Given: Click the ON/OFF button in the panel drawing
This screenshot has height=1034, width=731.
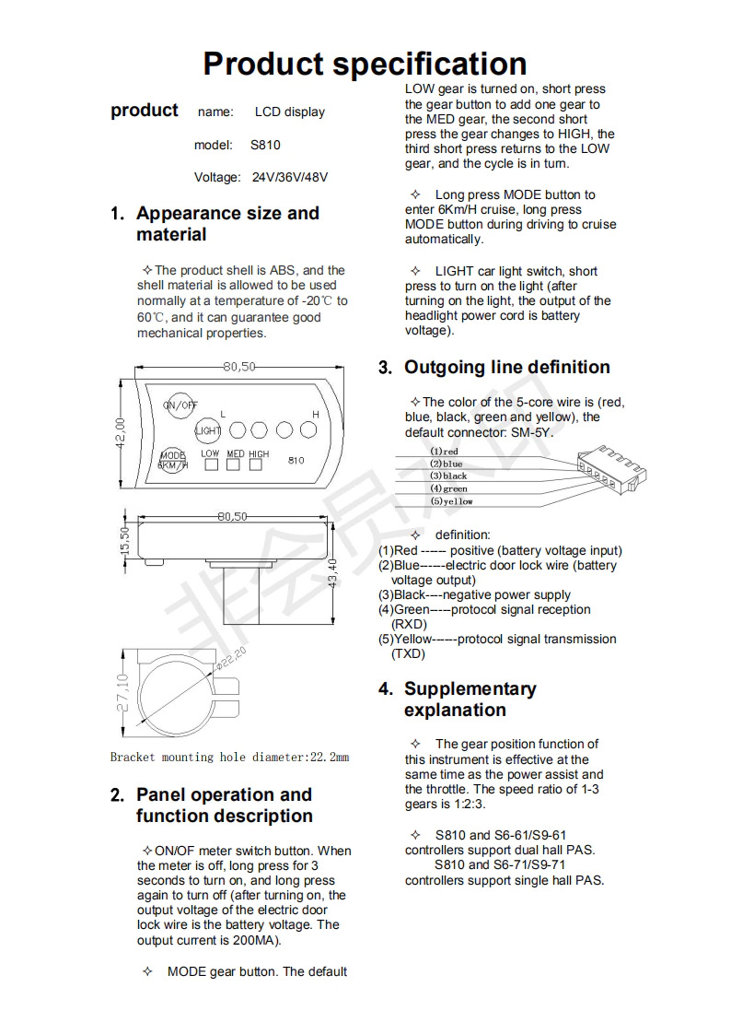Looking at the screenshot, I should coord(180,405).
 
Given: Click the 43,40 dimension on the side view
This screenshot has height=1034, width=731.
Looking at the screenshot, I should coord(332,576).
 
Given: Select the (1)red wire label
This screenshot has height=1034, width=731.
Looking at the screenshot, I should coord(444,452).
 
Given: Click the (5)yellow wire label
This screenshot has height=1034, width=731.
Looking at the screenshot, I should coord(451,501).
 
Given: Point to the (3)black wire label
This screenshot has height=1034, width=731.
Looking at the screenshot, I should coord(448,476).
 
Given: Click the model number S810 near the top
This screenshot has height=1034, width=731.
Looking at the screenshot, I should coord(265,146).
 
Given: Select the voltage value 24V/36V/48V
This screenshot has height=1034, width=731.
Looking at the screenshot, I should coord(290,177).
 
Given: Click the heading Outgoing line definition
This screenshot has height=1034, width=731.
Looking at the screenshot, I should coord(506,368).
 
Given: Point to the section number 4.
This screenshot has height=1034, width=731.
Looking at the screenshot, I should coord(385,689).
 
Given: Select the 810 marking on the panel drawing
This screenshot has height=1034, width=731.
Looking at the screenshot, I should coord(296,460).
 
